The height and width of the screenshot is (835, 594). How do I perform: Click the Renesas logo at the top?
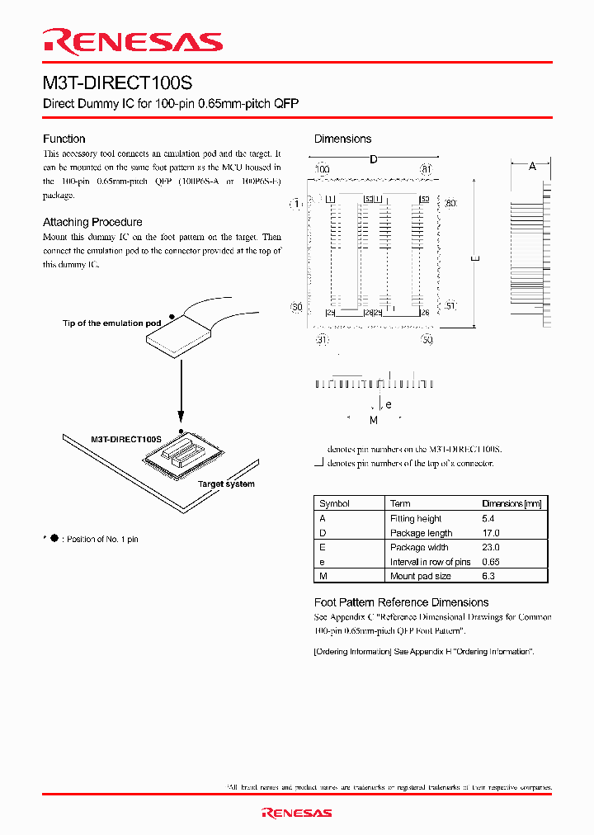[x=133, y=42]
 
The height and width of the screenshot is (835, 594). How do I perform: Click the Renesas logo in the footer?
[x=296, y=813]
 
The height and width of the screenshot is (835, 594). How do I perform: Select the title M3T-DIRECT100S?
[x=119, y=83]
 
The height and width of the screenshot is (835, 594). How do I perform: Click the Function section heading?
[x=64, y=139]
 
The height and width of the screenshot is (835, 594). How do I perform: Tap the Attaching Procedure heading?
[x=92, y=222]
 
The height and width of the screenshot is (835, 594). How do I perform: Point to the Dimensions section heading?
[x=342, y=139]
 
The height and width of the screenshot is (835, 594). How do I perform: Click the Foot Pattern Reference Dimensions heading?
[x=401, y=602]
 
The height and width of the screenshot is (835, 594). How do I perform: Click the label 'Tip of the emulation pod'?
[x=111, y=323]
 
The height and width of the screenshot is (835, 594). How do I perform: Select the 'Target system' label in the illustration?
[x=226, y=484]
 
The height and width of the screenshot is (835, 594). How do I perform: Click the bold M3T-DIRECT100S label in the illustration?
[x=125, y=440]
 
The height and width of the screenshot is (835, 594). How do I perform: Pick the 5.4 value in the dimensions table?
[x=488, y=519]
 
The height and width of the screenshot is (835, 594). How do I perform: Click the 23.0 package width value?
[x=490, y=547]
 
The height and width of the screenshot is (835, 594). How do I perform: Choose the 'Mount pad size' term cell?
[x=420, y=576]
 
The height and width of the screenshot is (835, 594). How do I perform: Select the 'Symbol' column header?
[x=334, y=503]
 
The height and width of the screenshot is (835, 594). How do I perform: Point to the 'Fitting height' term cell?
[x=415, y=519]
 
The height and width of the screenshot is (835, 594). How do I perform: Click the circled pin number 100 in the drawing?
[x=322, y=169]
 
